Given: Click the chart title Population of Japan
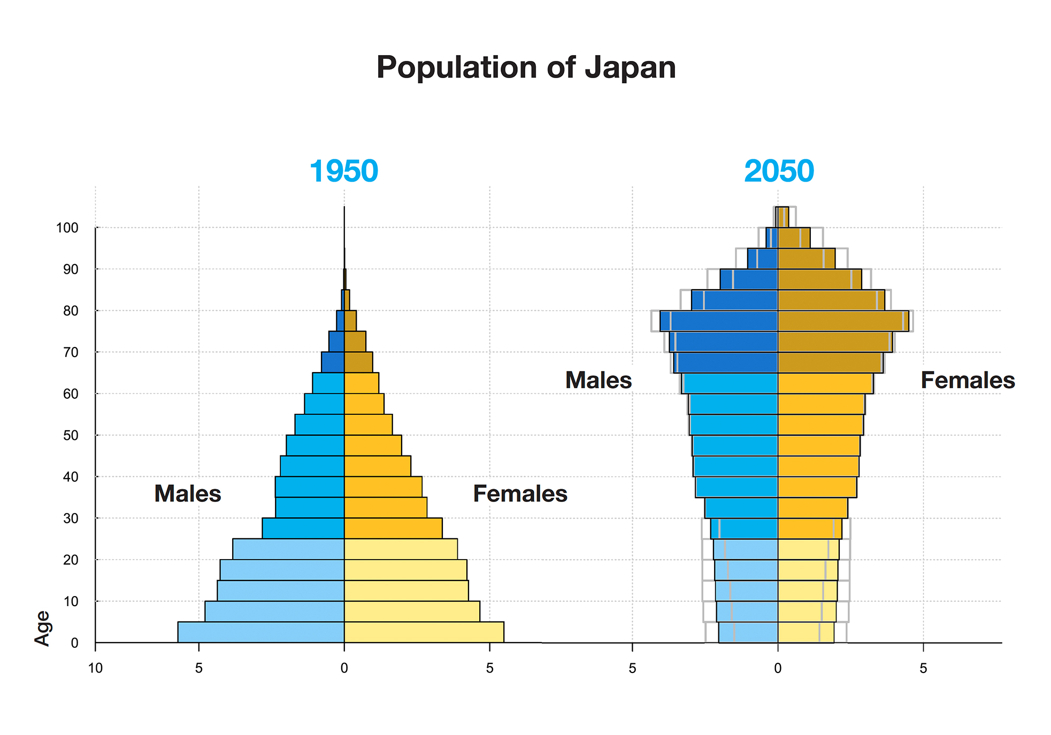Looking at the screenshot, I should (526, 68).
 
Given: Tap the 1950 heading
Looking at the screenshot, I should (343, 171).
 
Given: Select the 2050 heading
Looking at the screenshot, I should (779, 171).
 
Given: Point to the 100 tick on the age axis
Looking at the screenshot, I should (67, 228).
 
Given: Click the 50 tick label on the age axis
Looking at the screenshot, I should (71, 435).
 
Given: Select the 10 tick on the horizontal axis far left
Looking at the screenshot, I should (95, 668).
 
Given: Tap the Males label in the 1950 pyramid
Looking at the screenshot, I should (188, 493).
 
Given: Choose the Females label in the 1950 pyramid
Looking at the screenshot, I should (520, 493).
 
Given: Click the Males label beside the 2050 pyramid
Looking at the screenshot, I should (599, 380).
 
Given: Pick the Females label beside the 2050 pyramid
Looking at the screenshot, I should (968, 380).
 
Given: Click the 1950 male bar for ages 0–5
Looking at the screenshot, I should (261, 632).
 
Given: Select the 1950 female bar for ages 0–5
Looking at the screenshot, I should (424, 632).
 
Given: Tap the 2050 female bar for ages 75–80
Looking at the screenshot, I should (843, 321).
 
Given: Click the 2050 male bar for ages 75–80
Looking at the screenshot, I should (719, 321).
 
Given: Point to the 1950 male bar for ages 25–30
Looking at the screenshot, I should (303, 528).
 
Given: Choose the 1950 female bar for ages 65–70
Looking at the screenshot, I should (358, 362).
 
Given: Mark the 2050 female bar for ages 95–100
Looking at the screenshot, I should (794, 238).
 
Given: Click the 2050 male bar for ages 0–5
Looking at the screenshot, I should (749, 632).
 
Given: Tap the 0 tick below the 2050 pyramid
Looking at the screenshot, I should (778, 668).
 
